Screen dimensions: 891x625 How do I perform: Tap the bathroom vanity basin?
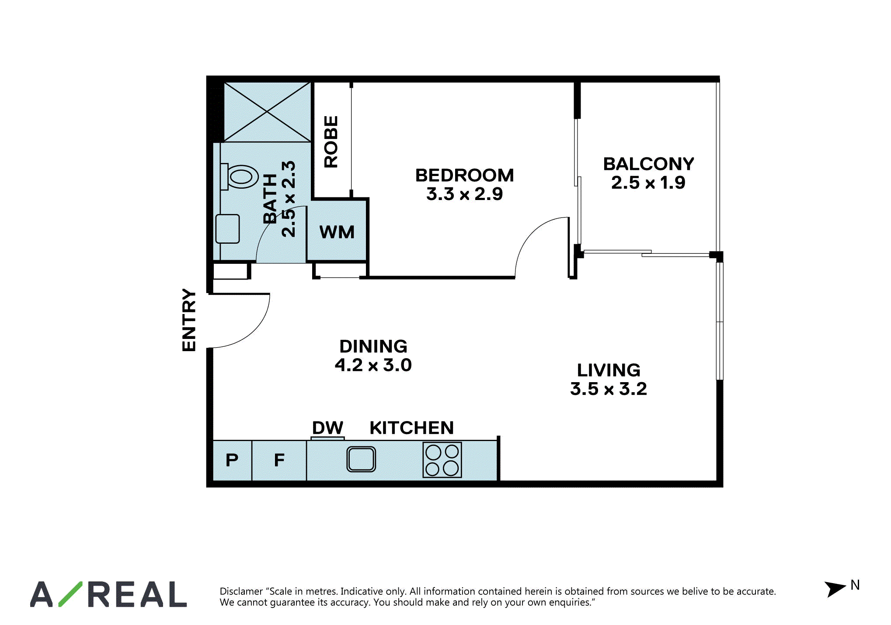[x=227, y=228]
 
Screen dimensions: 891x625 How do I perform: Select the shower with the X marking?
[x=267, y=112]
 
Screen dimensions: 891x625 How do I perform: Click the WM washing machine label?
[x=337, y=232]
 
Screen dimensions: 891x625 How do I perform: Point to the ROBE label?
[x=331, y=142]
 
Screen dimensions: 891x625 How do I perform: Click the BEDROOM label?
[x=464, y=175]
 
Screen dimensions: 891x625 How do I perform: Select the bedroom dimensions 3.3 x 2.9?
[x=464, y=194]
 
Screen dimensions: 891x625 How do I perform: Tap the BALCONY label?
[x=648, y=164]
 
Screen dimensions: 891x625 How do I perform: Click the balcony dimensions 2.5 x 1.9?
[x=648, y=183]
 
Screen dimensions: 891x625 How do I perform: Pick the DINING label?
[x=373, y=346]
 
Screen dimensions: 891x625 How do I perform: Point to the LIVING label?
[x=609, y=370]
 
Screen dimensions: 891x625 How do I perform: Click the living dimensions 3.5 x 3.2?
[x=609, y=389]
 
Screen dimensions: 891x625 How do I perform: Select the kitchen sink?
[x=361, y=459]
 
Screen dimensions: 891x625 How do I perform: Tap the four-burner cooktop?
[x=442, y=460]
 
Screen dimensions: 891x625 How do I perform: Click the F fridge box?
[x=279, y=461]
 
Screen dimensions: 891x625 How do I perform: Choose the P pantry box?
[x=232, y=461]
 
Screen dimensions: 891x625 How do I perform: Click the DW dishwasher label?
[x=327, y=428]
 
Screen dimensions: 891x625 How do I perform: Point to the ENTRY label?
[x=189, y=320]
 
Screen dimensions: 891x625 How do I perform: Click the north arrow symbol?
[x=835, y=589]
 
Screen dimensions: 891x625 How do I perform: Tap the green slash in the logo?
[x=70, y=594]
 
